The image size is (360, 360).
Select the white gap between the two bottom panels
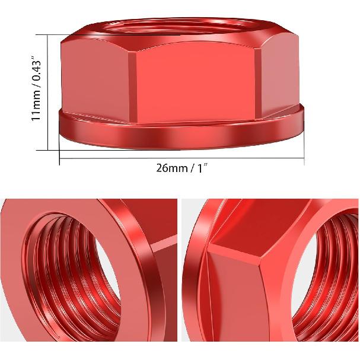180,279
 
